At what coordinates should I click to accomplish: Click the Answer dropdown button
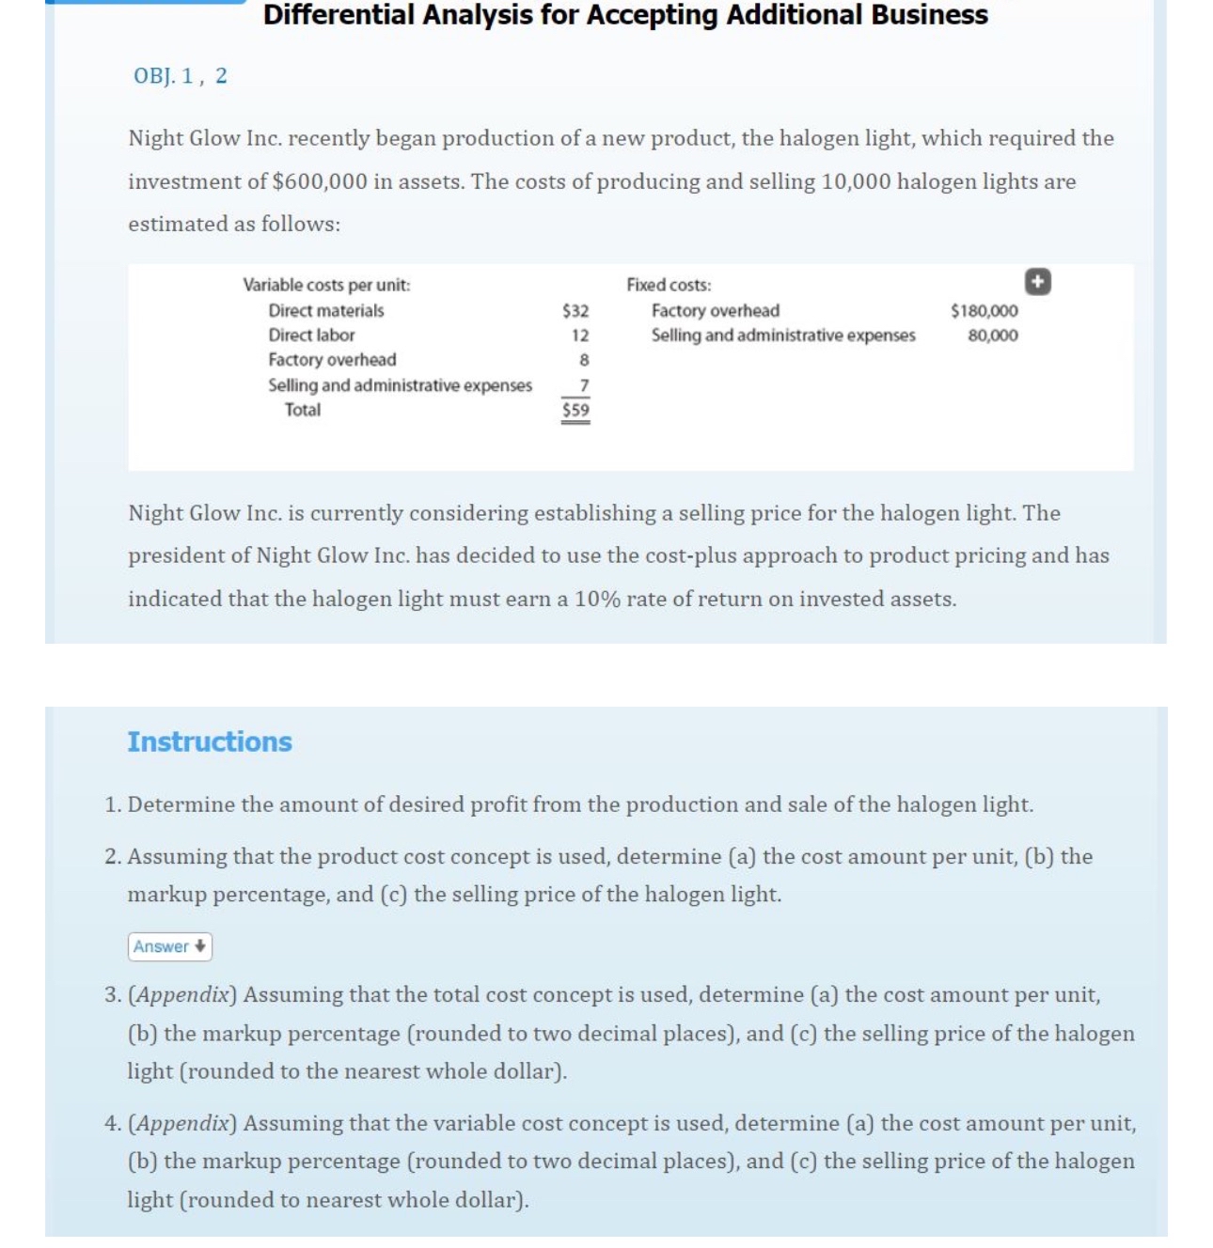click(x=169, y=946)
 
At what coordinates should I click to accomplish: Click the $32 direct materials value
click(x=575, y=311)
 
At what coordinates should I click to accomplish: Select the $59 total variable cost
click(x=575, y=410)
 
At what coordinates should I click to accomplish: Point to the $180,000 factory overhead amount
click(x=984, y=311)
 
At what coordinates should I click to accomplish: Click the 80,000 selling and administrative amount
click(x=992, y=335)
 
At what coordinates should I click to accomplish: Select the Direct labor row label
click(x=311, y=335)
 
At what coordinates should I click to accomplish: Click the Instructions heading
click(x=210, y=741)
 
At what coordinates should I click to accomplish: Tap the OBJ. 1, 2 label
click(x=180, y=76)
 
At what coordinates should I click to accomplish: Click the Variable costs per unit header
click(x=326, y=285)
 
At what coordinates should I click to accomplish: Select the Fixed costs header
click(x=669, y=285)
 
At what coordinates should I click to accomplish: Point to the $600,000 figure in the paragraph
click(x=320, y=181)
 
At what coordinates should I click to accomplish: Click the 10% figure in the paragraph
click(x=597, y=600)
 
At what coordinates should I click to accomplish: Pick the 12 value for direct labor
click(x=580, y=335)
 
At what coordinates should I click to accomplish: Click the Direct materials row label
click(x=325, y=311)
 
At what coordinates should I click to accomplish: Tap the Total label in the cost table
click(x=303, y=410)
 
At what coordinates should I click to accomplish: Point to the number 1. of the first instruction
click(x=113, y=805)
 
